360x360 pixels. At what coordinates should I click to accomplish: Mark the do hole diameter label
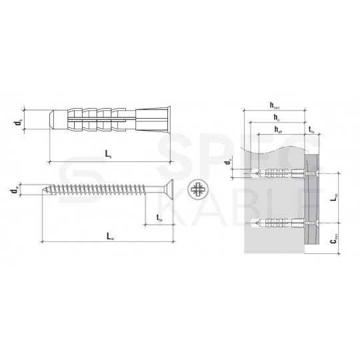pyautogui.click(x=228, y=162)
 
